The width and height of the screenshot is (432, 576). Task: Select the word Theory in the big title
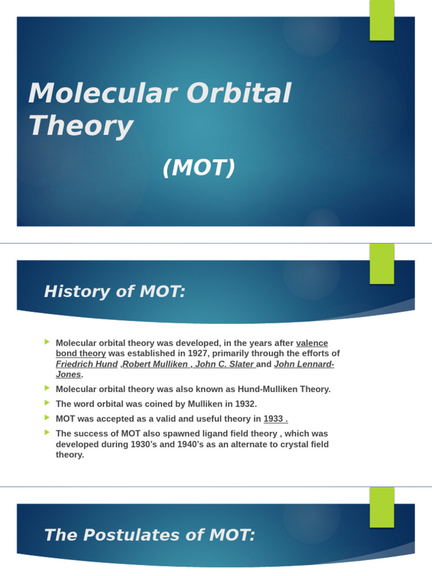click(81, 126)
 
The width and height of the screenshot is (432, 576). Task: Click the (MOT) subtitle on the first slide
click(199, 168)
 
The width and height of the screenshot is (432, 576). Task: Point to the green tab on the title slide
click(381, 20)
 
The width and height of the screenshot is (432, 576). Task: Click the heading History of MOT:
click(115, 291)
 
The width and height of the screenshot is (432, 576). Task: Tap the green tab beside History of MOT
click(381, 263)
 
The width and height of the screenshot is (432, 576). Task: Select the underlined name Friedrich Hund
click(87, 364)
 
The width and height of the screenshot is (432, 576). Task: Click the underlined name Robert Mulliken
click(156, 364)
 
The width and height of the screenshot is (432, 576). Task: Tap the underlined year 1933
click(276, 418)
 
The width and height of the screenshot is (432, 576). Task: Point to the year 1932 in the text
click(245, 404)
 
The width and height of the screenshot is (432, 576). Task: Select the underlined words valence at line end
click(312, 343)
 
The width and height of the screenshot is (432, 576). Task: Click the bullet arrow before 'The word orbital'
click(47, 403)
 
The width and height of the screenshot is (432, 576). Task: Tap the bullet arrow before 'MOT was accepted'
click(47, 417)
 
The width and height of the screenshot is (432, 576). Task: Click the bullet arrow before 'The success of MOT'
click(47, 433)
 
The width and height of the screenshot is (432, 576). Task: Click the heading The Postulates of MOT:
click(150, 535)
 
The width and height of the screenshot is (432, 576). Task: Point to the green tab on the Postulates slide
click(381, 506)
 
